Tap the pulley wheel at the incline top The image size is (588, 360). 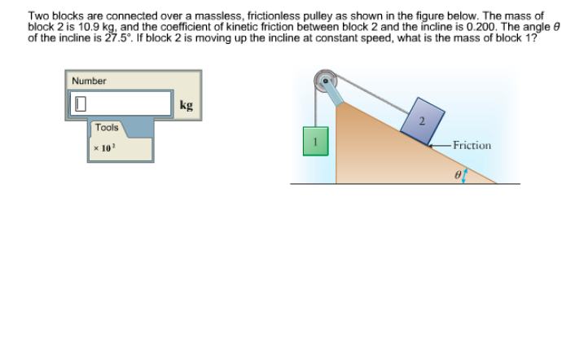click(x=326, y=83)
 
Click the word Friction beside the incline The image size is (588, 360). click(x=472, y=146)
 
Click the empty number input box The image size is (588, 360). click(x=122, y=104)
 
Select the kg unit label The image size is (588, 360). click(x=186, y=105)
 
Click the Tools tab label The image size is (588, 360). click(x=106, y=128)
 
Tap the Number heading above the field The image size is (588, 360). click(x=89, y=81)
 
